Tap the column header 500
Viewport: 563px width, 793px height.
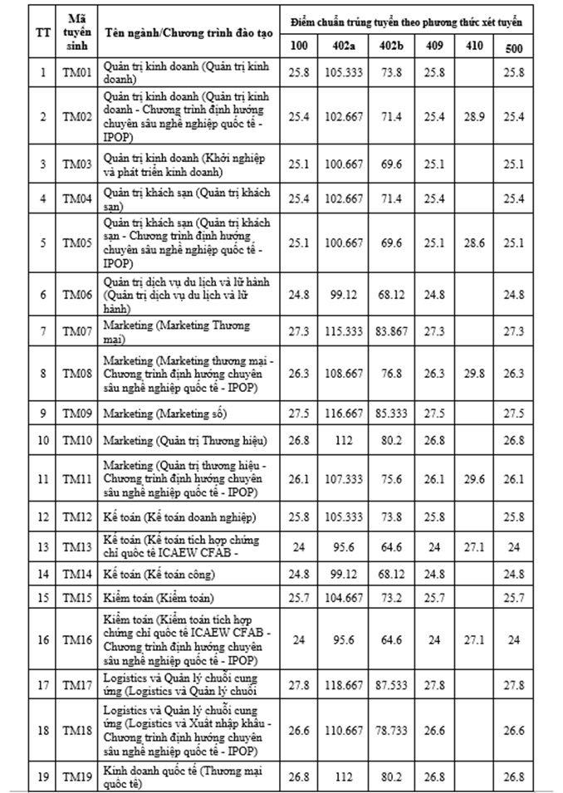pos(514,46)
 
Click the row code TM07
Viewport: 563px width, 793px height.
pos(76,332)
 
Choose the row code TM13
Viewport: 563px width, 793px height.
pos(76,548)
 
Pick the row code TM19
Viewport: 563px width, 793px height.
pos(76,778)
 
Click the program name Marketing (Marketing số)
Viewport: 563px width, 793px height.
pos(165,413)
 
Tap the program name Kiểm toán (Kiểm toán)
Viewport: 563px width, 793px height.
pos(157,598)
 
